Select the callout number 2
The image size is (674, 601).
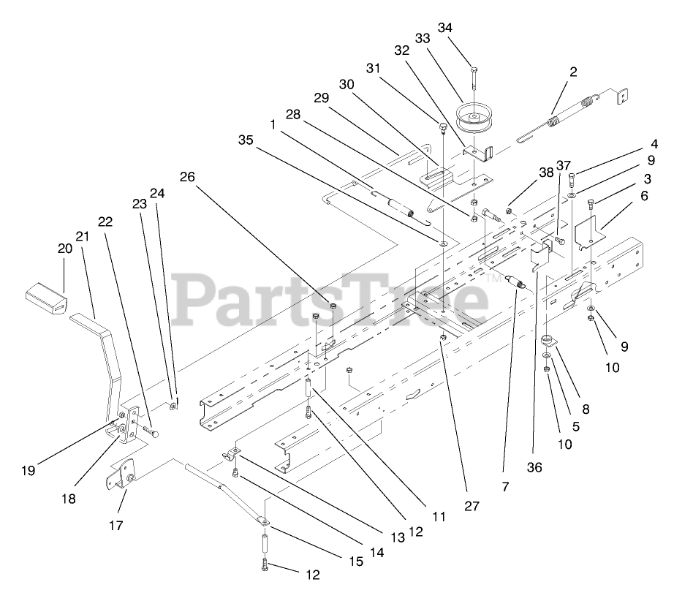[x=573, y=72]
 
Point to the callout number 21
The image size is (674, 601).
[x=81, y=236]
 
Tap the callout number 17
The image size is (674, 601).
[x=115, y=525]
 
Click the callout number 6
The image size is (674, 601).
[x=643, y=196]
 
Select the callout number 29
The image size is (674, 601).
[x=322, y=97]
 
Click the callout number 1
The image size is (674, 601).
[x=273, y=125]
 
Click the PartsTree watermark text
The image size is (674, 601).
[x=329, y=296]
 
